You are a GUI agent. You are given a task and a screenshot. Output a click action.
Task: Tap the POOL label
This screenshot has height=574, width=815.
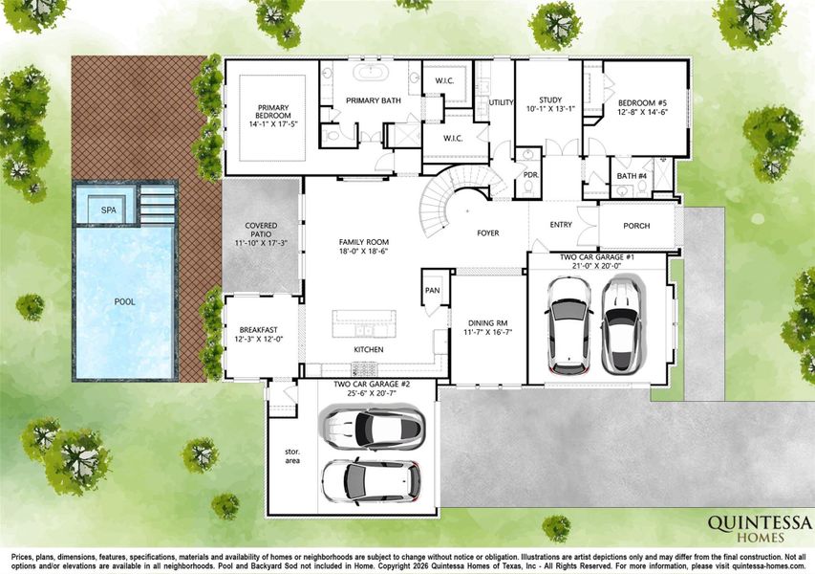pyautogui.click(x=125, y=302)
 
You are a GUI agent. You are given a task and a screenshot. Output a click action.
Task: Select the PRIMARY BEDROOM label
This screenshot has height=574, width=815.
pyautogui.click(x=265, y=112)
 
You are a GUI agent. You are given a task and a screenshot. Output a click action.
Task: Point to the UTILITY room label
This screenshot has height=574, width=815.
pyautogui.click(x=502, y=102)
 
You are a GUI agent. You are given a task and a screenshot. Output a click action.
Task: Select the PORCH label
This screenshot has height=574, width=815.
pyautogui.click(x=636, y=227)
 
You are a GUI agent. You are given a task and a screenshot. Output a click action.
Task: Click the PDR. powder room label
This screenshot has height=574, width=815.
pyautogui.click(x=530, y=175)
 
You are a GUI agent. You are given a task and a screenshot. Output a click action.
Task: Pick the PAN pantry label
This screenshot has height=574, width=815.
pyautogui.click(x=432, y=290)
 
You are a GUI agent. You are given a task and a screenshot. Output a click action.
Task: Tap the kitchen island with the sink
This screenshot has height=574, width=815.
pyautogui.click(x=369, y=322)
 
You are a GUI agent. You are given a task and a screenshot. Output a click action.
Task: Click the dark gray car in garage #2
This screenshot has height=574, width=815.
pyautogui.click(x=372, y=429)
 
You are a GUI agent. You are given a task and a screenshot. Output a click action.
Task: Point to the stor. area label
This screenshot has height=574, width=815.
pyautogui.click(x=292, y=455)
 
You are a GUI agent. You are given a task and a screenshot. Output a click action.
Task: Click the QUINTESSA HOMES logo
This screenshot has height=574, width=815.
pyautogui.click(x=760, y=528)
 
